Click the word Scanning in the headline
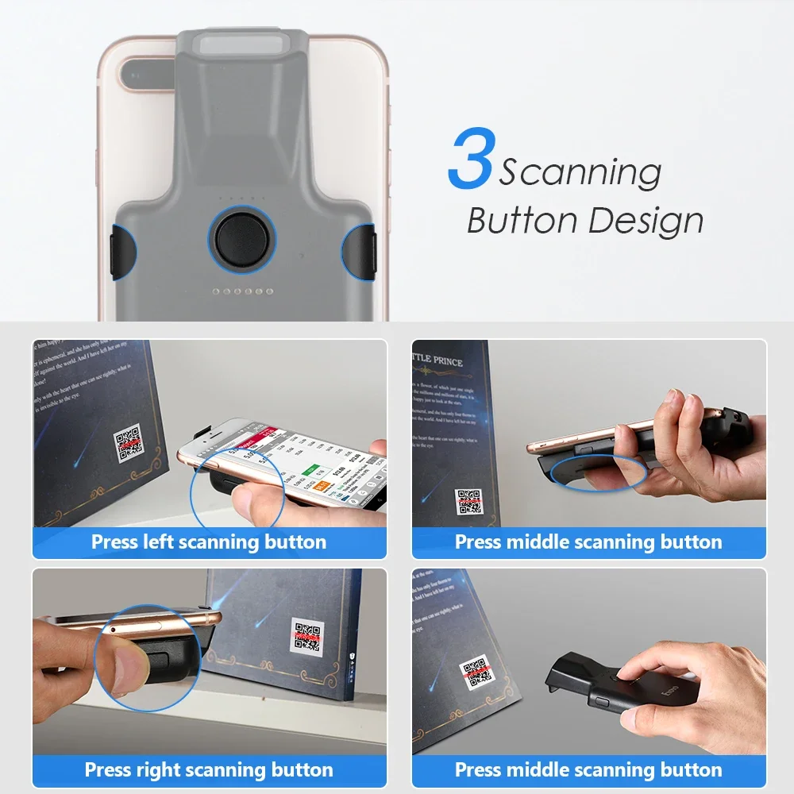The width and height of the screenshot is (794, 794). click(580, 172)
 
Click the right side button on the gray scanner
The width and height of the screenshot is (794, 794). click(360, 252)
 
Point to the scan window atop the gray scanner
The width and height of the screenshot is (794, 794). click(243, 43)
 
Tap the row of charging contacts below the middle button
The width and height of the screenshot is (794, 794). click(242, 291)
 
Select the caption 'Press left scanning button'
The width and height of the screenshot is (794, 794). click(209, 542)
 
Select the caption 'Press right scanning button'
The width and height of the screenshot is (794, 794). click(209, 769)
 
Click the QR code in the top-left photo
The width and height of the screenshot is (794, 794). click(128, 445)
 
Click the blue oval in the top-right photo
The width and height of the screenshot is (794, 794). click(599, 472)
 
